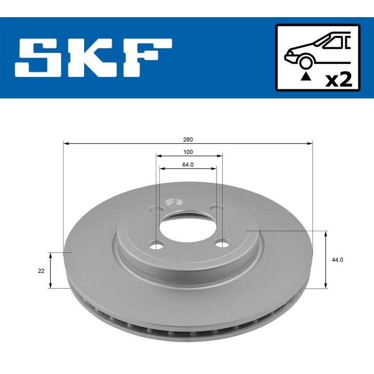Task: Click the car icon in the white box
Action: tap(316, 50)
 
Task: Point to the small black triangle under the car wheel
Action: tap(306, 76)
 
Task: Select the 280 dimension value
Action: tap(188, 139)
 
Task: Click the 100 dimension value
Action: tap(188, 152)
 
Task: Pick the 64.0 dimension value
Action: tap(188, 165)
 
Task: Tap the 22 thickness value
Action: tap(41, 271)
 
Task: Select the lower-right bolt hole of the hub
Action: tap(222, 243)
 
